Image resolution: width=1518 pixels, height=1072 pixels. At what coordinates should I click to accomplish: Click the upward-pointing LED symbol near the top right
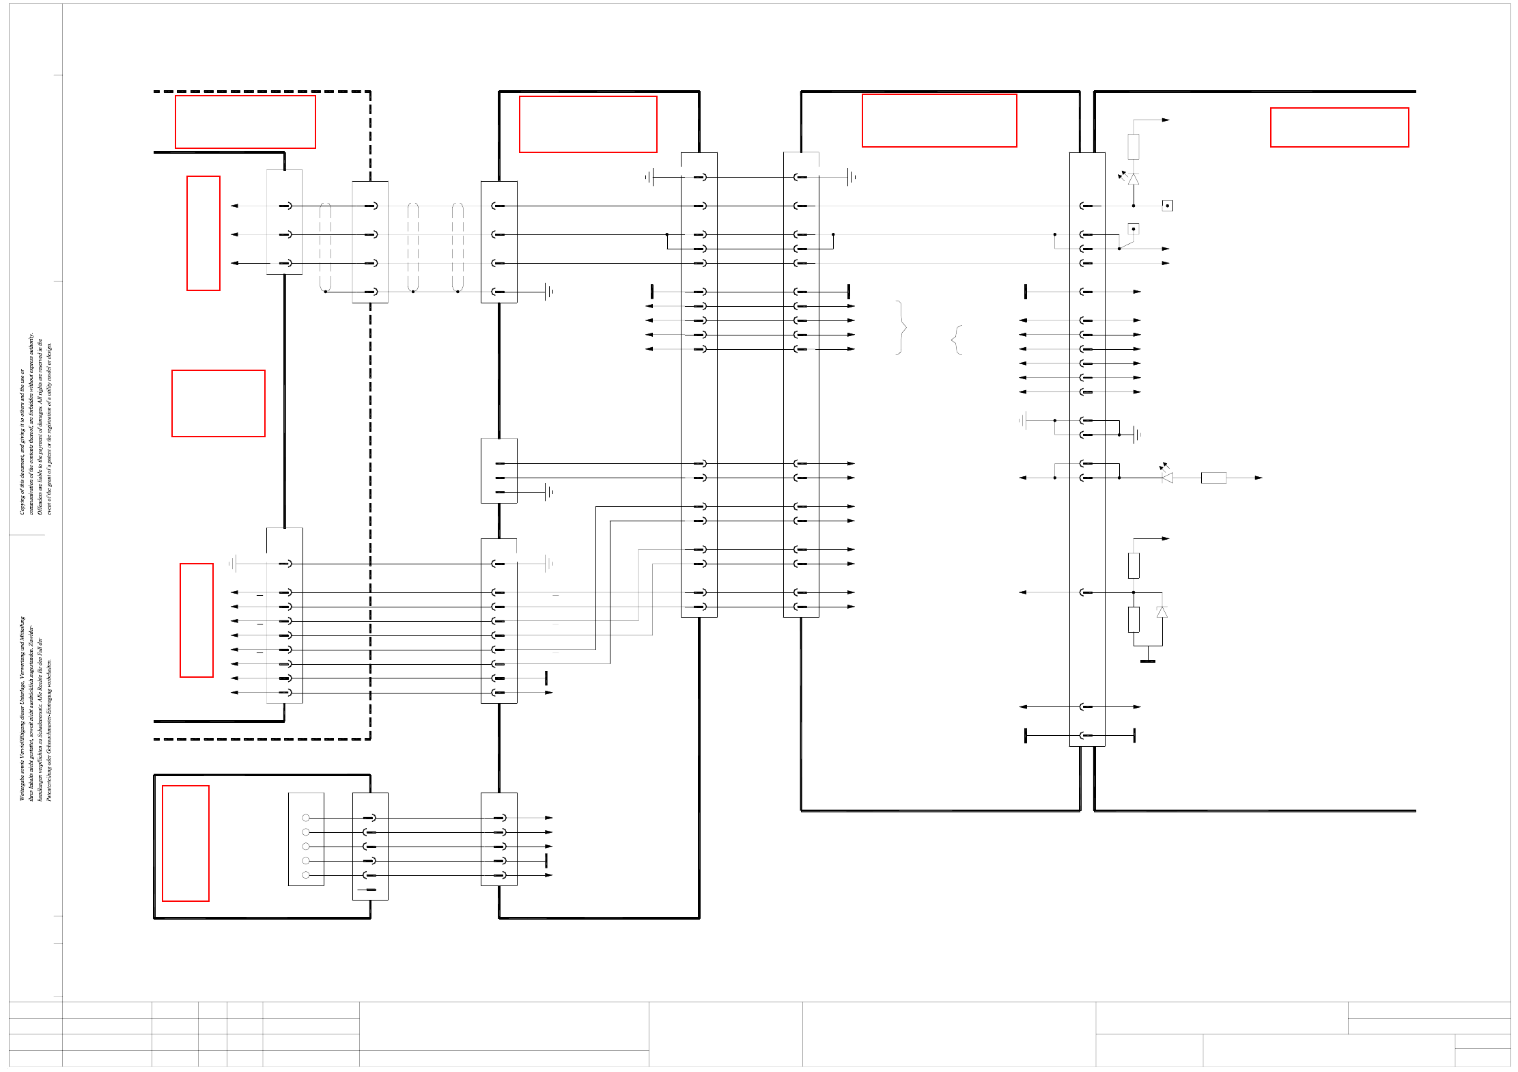(1133, 179)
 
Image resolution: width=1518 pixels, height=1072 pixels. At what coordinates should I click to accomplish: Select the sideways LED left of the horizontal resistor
(1167, 477)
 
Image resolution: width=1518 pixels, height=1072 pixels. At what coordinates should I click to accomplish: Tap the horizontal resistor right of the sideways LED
(1213, 478)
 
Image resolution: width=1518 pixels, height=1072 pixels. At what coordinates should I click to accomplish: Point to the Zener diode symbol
(1162, 612)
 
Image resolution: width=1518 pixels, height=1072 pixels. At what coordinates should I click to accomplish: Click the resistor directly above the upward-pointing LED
(1133, 147)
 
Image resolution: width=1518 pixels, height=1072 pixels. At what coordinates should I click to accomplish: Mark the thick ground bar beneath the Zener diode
(1148, 661)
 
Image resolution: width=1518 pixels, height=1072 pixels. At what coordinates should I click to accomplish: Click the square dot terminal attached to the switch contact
(1133, 229)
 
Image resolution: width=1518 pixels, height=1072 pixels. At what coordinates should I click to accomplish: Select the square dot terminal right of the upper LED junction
(1167, 206)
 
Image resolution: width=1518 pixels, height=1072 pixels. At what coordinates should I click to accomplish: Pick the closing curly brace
(901, 327)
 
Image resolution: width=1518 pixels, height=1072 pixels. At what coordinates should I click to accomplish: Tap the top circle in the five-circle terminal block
(306, 818)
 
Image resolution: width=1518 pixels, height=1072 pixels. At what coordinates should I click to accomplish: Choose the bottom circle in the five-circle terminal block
(306, 875)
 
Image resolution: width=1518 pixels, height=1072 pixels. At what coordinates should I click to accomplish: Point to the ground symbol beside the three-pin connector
(548, 492)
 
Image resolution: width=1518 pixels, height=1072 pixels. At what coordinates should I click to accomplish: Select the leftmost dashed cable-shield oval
(325, 247)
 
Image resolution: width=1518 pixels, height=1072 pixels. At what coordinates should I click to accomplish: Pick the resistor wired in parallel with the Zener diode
(1134, 619)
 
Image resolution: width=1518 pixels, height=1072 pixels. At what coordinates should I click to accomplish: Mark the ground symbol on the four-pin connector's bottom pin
(548, 292)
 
